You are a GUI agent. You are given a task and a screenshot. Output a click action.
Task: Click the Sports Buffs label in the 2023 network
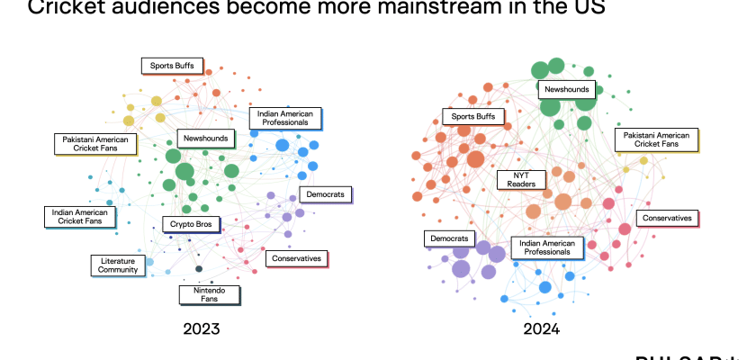171,66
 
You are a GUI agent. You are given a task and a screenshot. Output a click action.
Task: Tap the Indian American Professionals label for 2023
284,118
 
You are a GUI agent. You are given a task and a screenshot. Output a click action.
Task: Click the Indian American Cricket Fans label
80,216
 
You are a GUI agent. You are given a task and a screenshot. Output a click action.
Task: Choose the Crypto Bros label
191,224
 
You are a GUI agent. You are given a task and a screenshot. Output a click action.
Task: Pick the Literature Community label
118,265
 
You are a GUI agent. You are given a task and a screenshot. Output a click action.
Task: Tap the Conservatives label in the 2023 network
296,258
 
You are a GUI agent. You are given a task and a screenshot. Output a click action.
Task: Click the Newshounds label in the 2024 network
565,90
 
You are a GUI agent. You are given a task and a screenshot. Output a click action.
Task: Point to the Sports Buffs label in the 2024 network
472,117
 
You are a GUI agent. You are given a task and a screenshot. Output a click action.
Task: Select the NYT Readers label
523,179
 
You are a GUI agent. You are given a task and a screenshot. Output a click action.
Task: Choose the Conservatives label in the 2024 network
668,218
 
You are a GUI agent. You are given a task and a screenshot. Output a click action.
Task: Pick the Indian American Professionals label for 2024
546,247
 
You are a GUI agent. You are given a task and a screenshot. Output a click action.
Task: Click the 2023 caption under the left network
200,328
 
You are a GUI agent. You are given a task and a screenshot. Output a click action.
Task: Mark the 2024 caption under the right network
542,328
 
